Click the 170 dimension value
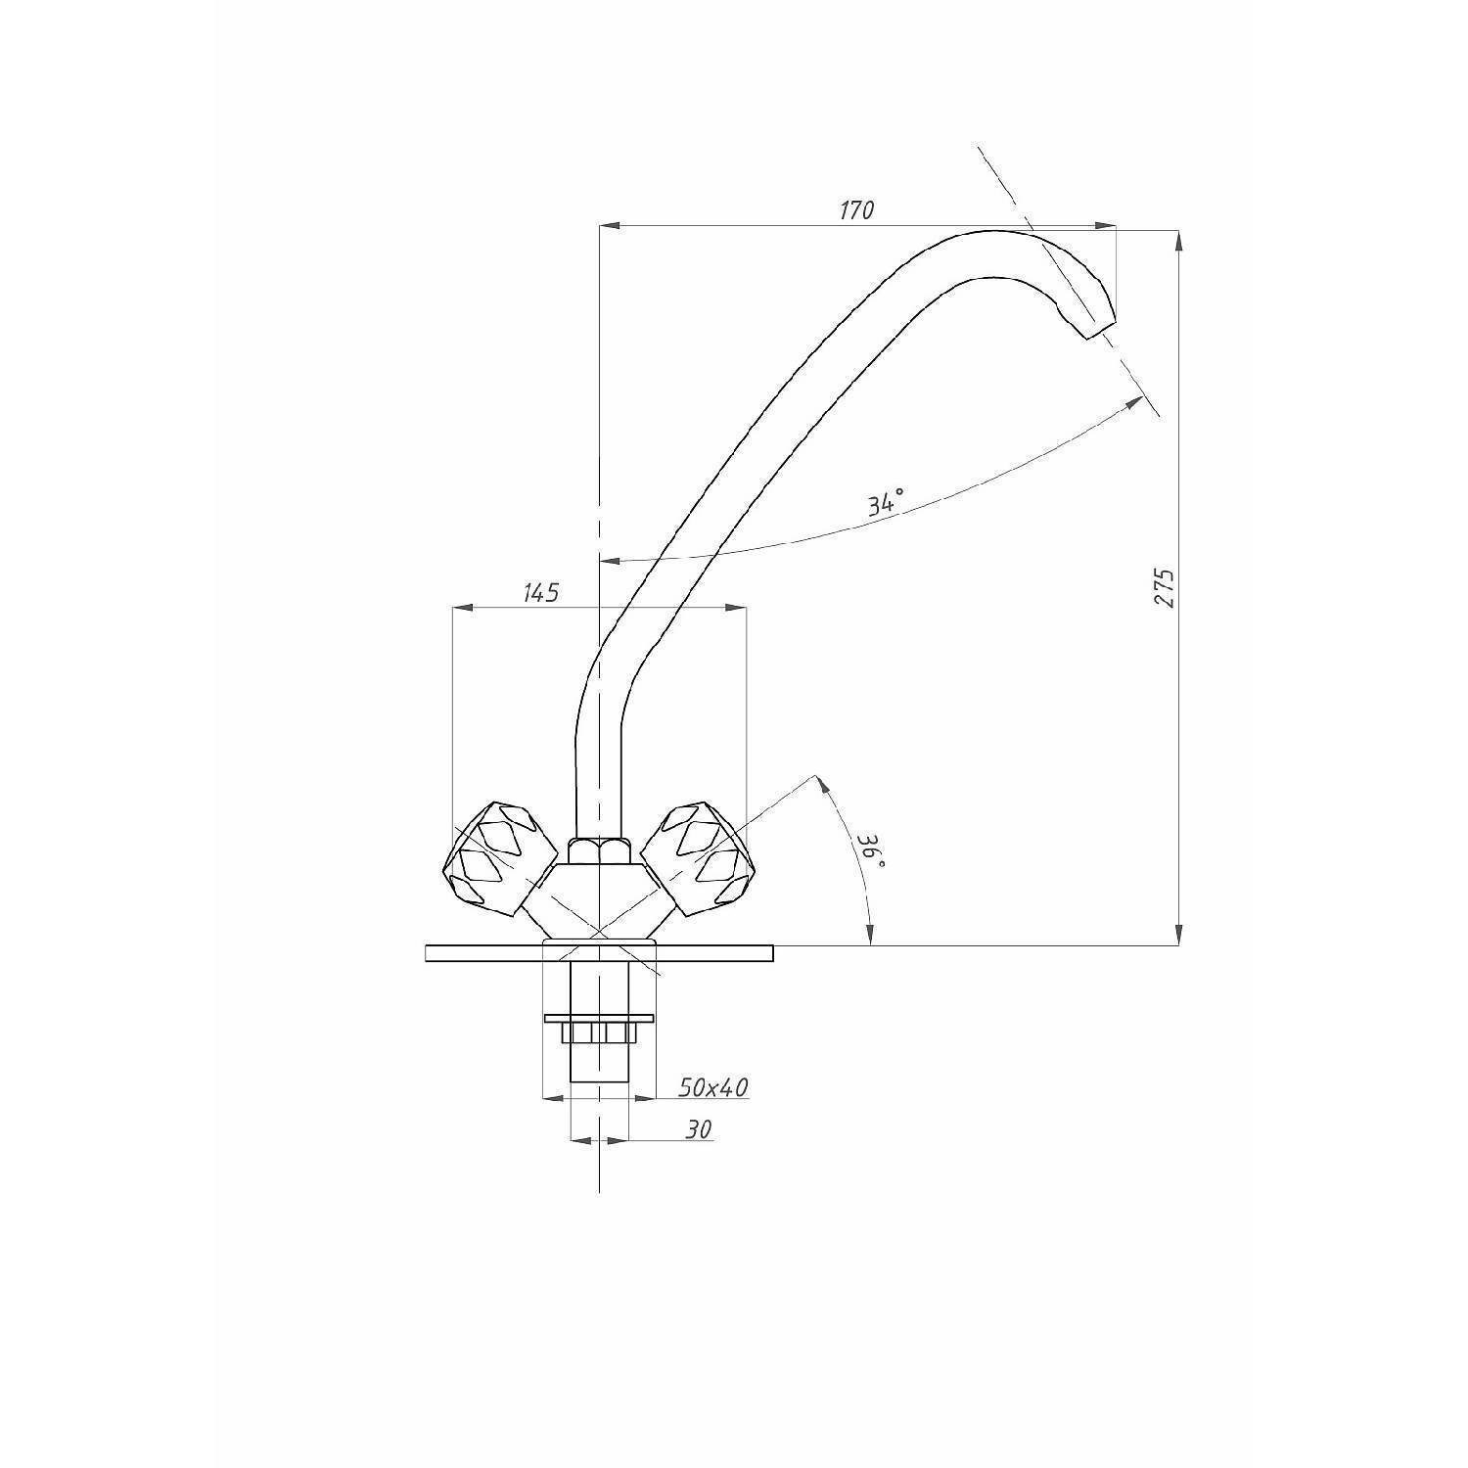(x=856, y=209)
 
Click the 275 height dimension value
(x=1164, y=587)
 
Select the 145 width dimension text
(x=540, y=592)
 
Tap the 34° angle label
(x=884, y=504)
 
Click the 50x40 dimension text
(x=713, y=1086)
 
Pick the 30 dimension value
(x=698, y=1129)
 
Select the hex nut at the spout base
(x=599, y=850)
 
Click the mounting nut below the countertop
(x=597, y=1032)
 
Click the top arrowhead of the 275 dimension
(x=1178, y=241)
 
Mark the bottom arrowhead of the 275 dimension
(x=1178, y=935)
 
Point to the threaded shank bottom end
(x=599, y=1080)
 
